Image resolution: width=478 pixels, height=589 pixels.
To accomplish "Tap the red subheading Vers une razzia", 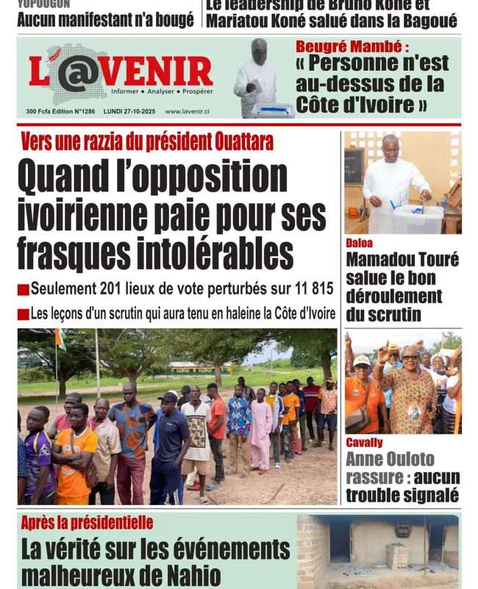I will click(x=147, y=142).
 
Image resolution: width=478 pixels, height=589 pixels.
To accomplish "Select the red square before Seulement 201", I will click(x=23, y=290).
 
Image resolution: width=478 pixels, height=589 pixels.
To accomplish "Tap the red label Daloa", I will click(x=359, y=243).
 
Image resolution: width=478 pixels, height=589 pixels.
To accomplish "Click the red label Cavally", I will click(x=364, y=442).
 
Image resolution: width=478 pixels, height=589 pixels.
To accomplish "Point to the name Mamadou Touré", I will click(x=402, y=260).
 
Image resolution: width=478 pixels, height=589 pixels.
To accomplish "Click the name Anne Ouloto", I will click(x=390, y=459).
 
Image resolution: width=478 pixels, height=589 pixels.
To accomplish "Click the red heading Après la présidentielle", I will click(x=87, y=523).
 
